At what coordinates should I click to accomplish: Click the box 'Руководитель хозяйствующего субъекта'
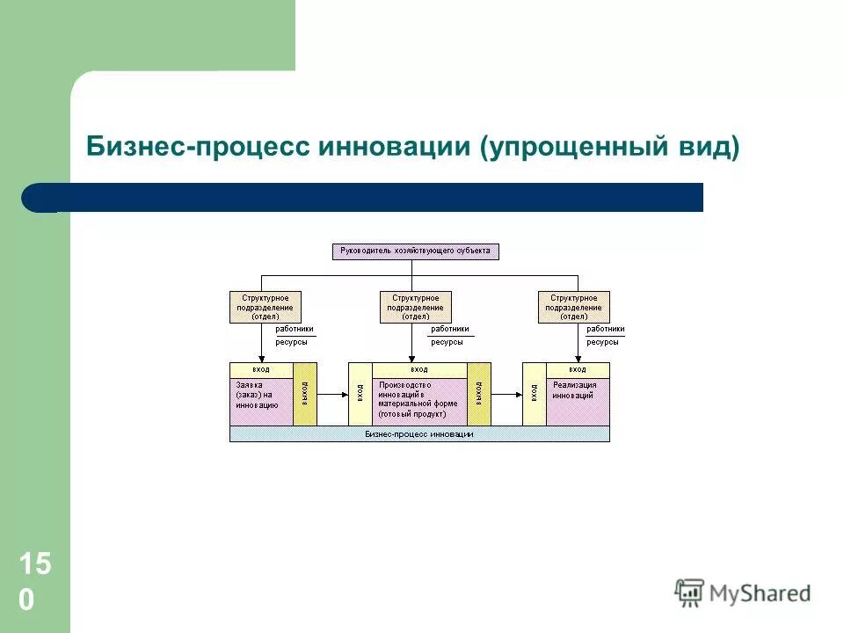[416, 251]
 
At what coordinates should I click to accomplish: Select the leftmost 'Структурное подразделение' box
[265, 308]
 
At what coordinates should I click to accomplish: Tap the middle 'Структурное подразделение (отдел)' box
[415, 308]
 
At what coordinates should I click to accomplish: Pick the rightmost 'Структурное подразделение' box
[573, 308]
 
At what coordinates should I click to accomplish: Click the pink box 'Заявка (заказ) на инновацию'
[261, 401]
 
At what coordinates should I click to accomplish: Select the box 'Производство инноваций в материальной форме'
[419, 401]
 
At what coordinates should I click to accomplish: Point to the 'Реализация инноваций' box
[577, 401]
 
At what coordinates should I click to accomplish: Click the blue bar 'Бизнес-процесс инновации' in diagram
[419, 434]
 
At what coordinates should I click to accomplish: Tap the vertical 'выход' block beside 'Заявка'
[305, 394]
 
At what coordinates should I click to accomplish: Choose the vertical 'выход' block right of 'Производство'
[479, 394]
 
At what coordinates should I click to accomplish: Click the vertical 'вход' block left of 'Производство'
[360, 394]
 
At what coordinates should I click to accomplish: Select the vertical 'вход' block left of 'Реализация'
[534, 394]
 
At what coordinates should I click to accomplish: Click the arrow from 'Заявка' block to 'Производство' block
[332, 395]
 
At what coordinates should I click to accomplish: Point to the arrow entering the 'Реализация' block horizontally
[506, 395]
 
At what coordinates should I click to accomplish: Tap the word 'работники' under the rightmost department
[606, 329]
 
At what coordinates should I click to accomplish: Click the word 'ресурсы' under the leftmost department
[292, 341]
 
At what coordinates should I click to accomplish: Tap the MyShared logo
[743, 593]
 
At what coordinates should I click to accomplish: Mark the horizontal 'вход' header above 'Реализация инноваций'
[577, 369]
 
